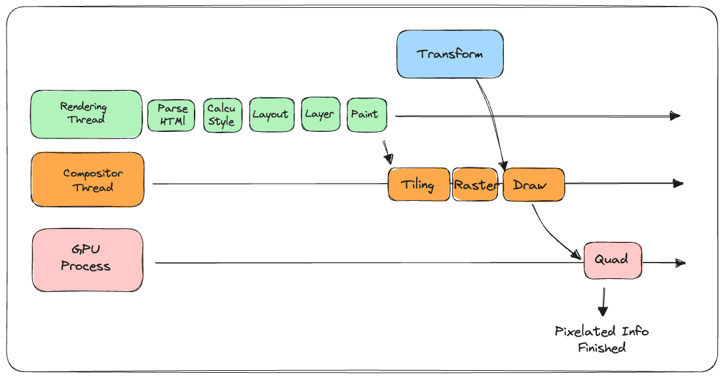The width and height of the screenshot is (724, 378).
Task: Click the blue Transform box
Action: (450, 54)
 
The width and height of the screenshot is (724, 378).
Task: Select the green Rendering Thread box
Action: (86, 114)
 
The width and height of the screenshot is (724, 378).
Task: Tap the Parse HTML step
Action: (171, 115)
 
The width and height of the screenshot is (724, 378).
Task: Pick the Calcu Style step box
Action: (223, 115)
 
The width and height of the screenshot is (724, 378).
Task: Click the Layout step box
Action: (271, 114)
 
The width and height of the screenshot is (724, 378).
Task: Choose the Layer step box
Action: (320, 114)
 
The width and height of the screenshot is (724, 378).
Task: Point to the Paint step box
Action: (367, 114)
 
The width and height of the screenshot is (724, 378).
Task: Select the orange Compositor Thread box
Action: (88, 180)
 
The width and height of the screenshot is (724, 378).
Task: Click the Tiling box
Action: (419, 184)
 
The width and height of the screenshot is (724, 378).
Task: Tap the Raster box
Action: (475, 184)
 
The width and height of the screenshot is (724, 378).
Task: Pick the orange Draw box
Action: (533, 184)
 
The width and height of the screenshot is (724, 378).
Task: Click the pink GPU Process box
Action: (88, 260)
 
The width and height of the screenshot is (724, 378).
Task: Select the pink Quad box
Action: (613, 261)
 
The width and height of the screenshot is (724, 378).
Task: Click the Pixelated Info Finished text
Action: (601, 339)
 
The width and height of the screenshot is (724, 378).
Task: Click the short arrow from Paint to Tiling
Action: (387, 153)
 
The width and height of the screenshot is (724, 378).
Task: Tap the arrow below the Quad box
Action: (603, 302)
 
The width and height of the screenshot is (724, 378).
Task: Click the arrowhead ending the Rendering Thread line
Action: (676, 115)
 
